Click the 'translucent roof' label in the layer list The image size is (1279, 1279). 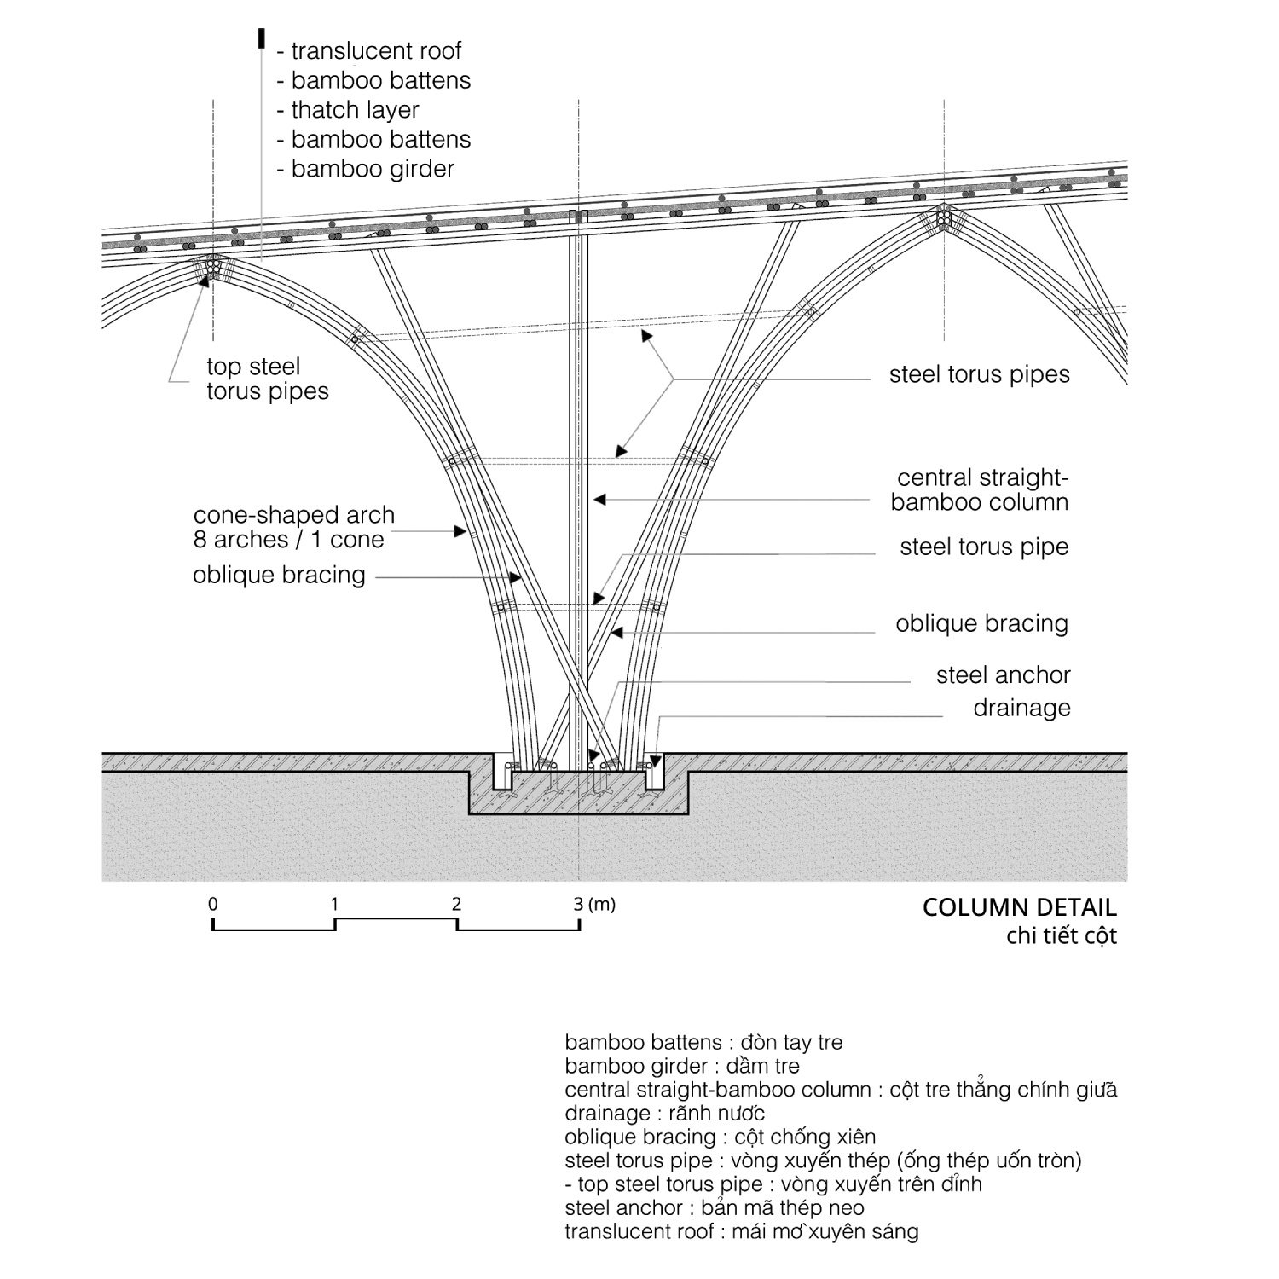tap(375, 51)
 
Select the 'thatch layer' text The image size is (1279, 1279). tap(355, 110)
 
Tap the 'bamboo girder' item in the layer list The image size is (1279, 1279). tap(373, 169)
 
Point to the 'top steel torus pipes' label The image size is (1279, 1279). tap(267, 379)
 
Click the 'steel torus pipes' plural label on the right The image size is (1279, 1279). tap(979, 375)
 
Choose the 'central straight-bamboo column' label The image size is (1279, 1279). tap(980, 490)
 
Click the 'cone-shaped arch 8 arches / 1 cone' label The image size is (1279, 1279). tap(293, 528)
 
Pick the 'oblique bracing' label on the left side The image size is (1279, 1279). tap(279, 576)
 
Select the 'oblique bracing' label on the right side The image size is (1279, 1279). tap(981, 624)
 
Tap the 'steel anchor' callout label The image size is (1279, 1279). tap(1003, 675)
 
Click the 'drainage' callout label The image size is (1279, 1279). tap(1021, 708)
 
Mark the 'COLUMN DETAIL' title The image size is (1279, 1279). tap(1019, 907)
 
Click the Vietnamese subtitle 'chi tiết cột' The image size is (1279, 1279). tap(1061, 936)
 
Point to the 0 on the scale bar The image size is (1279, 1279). tap(213, 905)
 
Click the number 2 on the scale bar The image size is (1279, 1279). tap(456, 905)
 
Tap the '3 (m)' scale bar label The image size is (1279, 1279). tap(593, 904)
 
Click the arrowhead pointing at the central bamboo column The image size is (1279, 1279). tap(599, 500)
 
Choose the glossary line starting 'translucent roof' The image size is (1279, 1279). tap(741, 1231)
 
